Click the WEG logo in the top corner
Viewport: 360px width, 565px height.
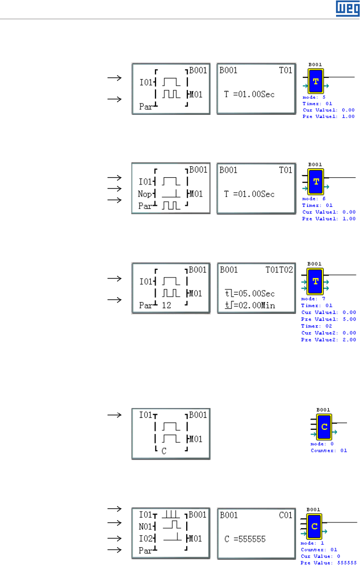click(x=345, y=8)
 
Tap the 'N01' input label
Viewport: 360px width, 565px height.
click(x=145, y=526)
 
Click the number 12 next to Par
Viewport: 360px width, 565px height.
click(x=166, y=305)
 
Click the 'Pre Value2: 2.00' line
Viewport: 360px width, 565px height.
click(x=329, y=339)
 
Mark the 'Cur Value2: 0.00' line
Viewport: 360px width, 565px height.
click(x=329, y=333)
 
